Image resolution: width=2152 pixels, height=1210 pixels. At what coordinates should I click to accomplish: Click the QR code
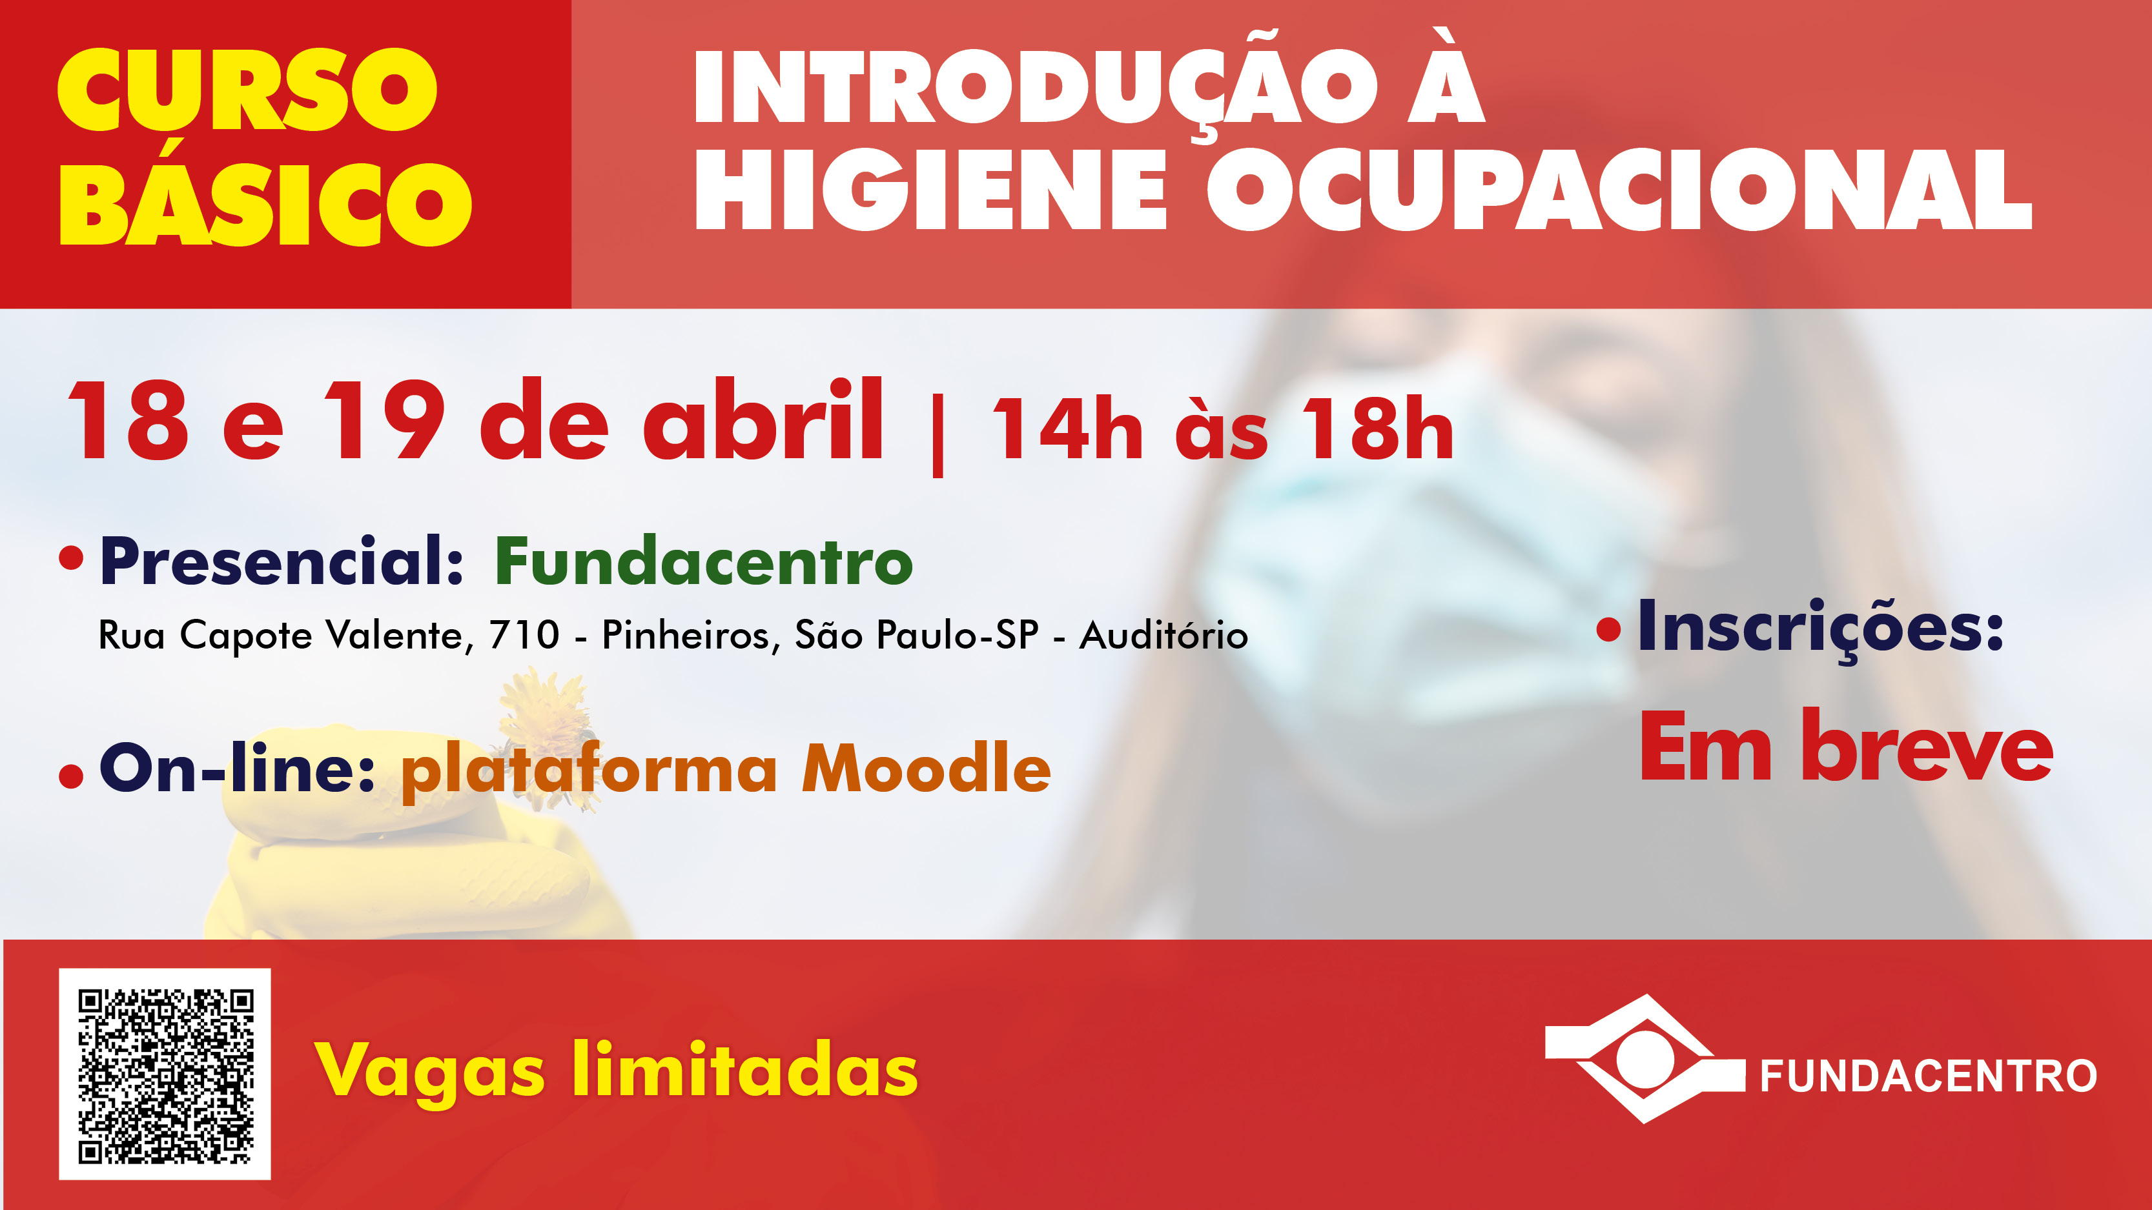[x=165, y=1074]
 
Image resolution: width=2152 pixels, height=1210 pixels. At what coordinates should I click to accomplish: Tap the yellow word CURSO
[x=247, y=90]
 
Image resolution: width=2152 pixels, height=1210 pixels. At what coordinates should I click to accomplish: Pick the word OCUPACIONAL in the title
[x=1620, y=190]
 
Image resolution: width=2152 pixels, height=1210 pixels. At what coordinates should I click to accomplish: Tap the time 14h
[x=1067, y=429]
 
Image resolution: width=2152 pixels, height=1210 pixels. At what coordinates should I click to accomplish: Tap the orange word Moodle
[x=927, y=767]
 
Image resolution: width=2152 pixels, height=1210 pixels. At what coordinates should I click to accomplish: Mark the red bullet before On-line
[x=71, y=776]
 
